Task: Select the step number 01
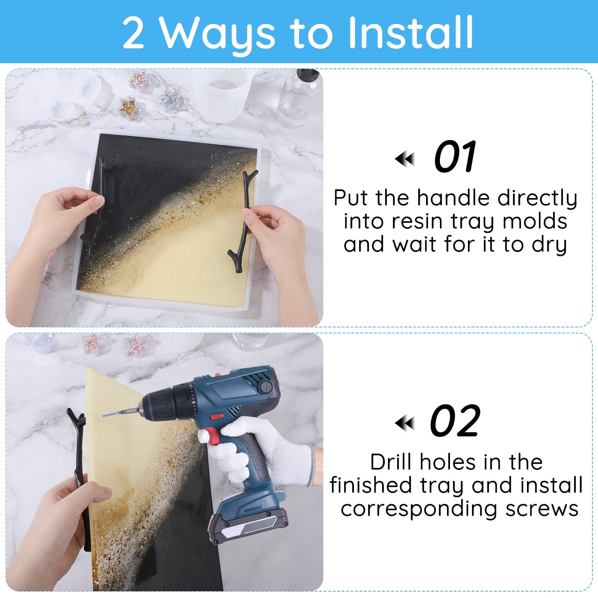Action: [x=455, y=157]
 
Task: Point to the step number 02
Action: [x=455, y=421]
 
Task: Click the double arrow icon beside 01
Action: [x=405, y=159]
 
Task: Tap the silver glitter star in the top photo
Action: [x=170, y=99]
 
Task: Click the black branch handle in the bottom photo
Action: [x=80, y=475]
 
